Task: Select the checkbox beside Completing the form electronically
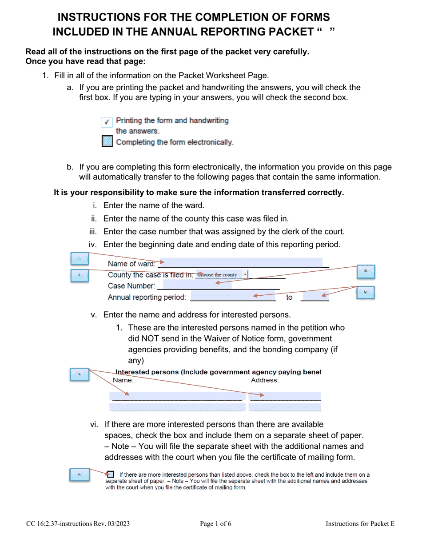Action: tap(107, 142)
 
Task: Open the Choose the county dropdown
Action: tap(222, 275)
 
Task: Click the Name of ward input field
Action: tap(242, 263)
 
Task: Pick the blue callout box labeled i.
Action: tap(80, 259)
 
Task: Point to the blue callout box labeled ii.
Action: tap(80, 275)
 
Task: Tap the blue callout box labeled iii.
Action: tap(366, 271)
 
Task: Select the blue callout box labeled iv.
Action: tap(366, 293)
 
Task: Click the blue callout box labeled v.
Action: tap(80, 374)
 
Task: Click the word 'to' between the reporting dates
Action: tap(289, 298)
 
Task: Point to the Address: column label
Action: tap(265, 380)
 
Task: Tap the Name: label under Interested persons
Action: tap(123, 380)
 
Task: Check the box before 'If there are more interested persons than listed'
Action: tap(110, 475)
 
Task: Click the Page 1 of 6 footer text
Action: tap(215, 524)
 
